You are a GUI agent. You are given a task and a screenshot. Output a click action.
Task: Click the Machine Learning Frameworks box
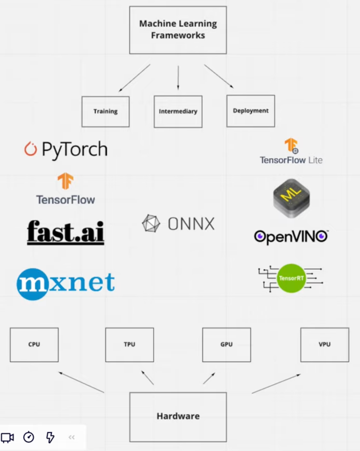coord(178,30)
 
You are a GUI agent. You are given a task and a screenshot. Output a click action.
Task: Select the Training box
coord(105,111)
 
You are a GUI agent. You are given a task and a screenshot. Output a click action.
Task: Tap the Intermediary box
coord(178,111)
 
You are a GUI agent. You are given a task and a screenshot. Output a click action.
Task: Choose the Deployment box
coord(250,111)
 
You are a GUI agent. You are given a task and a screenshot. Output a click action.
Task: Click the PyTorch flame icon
coord(30,149)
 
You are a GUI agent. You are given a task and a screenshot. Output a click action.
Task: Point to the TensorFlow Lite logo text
coord(291,160)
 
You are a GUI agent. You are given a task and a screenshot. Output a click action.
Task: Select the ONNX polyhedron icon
coord(151,223)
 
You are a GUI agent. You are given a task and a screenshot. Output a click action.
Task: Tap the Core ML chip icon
coord(291,198)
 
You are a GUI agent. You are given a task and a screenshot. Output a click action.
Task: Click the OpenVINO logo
coord(291,236)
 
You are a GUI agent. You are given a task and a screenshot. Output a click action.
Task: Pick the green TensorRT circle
coord(291,278)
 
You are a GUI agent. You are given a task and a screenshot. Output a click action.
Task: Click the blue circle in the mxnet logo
coord(32,284)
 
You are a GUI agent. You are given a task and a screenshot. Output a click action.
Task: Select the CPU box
coord(34,345)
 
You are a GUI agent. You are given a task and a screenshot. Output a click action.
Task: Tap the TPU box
coord(129,345)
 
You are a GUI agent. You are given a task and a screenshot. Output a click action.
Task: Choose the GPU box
coord(226,345)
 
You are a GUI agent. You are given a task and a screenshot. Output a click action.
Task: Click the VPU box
coord(324,345)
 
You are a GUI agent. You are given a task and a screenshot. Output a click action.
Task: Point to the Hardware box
coord(178,417)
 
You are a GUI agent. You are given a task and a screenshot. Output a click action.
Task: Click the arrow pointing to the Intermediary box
coord(178,78)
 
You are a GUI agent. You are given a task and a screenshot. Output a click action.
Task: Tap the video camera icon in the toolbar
coord(7,437)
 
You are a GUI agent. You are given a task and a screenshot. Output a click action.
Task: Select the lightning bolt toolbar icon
coord(50,437)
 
